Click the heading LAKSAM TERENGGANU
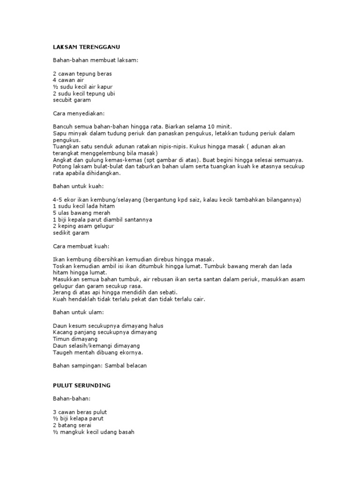89,47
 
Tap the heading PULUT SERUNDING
82,385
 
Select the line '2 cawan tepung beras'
82,74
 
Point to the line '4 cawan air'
68,80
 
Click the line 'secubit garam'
72,100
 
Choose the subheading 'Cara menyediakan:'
79,113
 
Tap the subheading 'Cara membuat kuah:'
81,246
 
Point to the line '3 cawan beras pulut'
80,412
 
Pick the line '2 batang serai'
72,425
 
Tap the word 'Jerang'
61,292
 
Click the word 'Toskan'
63,266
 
